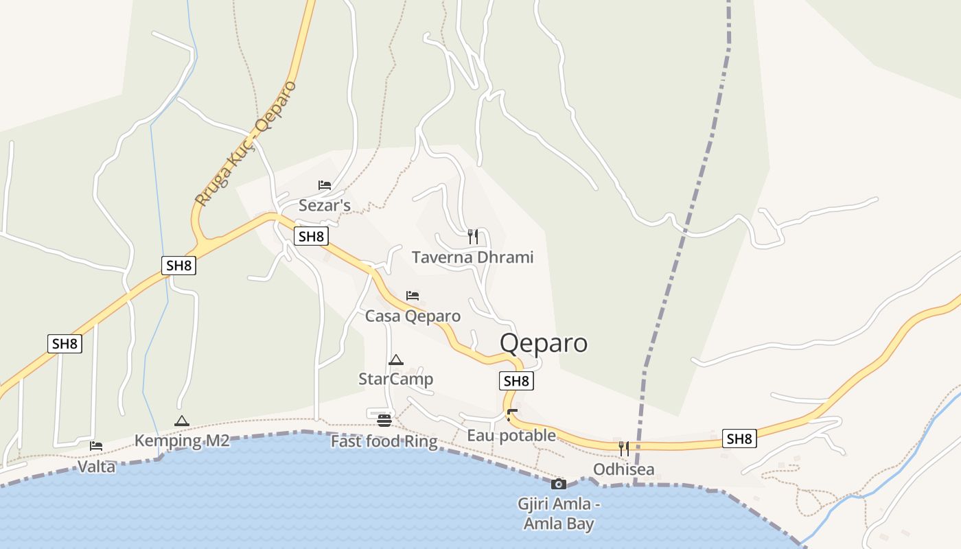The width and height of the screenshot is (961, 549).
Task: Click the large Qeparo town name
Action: point(544,342)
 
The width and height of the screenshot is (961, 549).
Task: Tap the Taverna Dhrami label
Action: point(472,257)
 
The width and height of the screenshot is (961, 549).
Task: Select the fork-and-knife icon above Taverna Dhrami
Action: point(472,237)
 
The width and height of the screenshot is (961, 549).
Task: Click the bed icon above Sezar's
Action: point(325,185)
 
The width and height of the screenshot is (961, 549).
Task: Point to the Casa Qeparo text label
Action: point(413,316)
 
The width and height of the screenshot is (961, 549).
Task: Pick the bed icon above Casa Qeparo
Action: point(412,296)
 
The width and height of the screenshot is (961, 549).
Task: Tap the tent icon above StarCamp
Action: point(395,360)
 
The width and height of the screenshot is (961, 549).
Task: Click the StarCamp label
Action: point(395,379)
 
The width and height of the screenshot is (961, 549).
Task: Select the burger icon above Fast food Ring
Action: point(384,420)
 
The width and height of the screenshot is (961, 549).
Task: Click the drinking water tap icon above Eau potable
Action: point(511,414)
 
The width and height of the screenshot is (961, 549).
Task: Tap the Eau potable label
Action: point(511,436)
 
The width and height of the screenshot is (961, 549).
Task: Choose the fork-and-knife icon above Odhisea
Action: point(623,449)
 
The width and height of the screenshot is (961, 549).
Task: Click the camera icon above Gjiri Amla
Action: point(558,484)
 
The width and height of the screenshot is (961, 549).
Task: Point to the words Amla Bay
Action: point(558,524)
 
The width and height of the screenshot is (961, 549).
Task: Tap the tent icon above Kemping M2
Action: point(181,421)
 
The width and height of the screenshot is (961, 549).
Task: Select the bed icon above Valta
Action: point(96,446)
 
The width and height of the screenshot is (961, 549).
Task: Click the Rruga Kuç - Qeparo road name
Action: point(245,144)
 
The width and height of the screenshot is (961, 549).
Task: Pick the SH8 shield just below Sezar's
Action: point(311,237)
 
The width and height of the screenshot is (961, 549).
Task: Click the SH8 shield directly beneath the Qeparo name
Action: point(517,381)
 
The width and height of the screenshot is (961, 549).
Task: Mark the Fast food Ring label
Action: point(384,441)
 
